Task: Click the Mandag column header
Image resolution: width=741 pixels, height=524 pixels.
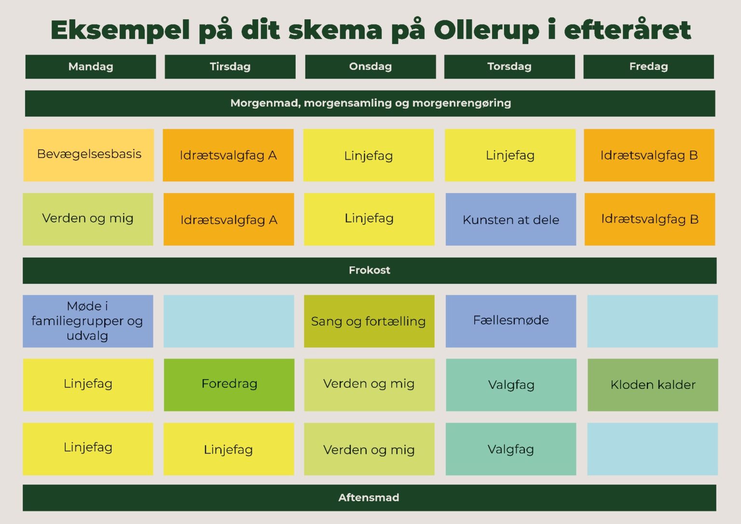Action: (91, 67)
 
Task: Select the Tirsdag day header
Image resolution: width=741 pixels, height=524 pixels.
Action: (230, 67)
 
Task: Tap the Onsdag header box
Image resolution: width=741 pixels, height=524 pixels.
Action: (370, 67)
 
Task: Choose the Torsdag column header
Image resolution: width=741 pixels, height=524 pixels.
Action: (509, 67)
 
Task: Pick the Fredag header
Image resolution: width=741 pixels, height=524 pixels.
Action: (648, 67)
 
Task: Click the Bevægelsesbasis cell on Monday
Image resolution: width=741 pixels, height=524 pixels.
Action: (89, 155)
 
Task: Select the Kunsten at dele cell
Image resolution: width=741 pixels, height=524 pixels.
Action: (511, 220)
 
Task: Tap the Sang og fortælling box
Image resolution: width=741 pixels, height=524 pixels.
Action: (369, 321)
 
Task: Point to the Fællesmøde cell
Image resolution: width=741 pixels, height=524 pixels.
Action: (511, 321)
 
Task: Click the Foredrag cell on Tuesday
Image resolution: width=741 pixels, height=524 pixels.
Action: (229, 385)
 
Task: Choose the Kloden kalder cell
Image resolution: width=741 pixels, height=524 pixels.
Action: (653, 385)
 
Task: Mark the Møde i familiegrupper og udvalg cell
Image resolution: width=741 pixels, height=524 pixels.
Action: (88, 321)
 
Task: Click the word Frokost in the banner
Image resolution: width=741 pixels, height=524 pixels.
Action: (370, 270)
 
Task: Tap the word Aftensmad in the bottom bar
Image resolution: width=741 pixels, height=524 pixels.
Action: (369, 497)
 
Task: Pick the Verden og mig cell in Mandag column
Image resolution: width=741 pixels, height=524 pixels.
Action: (88, 220)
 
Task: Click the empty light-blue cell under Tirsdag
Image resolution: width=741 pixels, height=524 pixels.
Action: (229, 321)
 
